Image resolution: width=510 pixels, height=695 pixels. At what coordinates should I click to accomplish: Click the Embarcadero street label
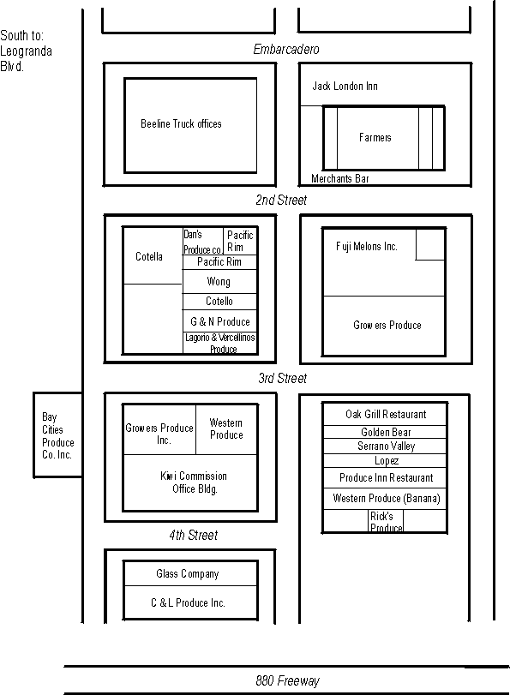point(286,49)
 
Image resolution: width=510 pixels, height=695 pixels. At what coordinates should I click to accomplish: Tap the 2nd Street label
point(281,200)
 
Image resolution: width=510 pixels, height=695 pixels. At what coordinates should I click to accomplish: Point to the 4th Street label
point(194,535)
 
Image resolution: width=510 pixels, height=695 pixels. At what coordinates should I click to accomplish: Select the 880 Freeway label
point(287,680)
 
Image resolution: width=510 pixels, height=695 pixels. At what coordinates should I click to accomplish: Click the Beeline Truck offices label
point(181,123)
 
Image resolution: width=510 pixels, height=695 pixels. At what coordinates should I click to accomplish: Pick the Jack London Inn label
point(345,86)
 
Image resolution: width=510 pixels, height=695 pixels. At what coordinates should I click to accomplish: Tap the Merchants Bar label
point(340,178)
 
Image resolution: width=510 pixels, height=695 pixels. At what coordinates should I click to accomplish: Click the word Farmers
point(375,137)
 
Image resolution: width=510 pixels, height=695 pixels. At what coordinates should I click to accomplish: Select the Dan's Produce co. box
point(202,242)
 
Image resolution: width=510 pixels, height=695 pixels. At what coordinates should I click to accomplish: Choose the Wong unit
point(219,281)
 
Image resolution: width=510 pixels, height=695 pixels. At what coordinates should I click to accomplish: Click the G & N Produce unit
point(219,321)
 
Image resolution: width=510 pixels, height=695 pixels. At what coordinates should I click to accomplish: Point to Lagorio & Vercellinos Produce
point(220,343)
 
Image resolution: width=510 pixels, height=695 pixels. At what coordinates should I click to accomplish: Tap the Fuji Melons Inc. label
point(367,247)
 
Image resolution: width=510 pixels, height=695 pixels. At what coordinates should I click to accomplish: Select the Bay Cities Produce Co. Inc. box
point(57,434)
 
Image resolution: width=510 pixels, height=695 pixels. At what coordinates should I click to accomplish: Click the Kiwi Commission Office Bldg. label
point(194,482)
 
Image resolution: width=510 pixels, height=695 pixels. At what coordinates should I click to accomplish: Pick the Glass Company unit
point(190,573)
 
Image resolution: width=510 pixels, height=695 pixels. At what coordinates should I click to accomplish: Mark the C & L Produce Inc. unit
point(190,602)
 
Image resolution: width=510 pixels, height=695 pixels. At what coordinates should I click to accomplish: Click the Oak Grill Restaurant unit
point(385,414)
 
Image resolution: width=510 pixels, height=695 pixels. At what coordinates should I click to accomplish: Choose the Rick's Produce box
point(386,521)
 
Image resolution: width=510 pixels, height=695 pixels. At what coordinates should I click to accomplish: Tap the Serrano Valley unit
point(385,446)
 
